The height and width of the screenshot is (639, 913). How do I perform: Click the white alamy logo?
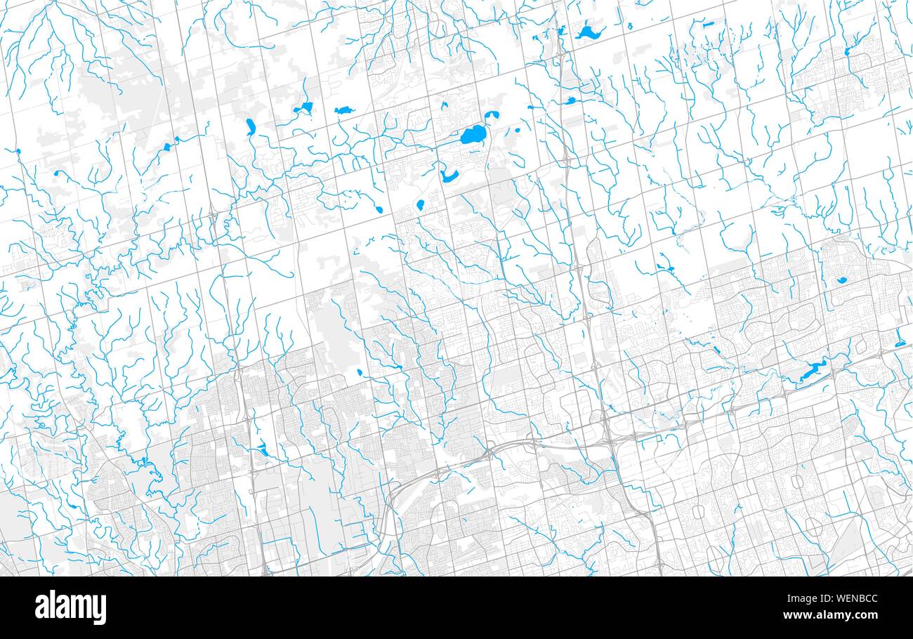[x=70, y=607]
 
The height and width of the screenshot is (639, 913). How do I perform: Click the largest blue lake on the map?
[x=473, y=134]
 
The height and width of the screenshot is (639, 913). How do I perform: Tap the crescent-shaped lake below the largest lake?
[x=449, y=176]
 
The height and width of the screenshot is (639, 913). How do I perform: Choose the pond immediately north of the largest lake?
[x=491, y=115]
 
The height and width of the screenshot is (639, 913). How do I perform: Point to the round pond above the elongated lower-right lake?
[x=841, y=281]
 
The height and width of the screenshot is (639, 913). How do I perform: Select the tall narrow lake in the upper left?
[x=251, y=126]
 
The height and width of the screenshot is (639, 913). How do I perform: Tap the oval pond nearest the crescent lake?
[x=421, y=205]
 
